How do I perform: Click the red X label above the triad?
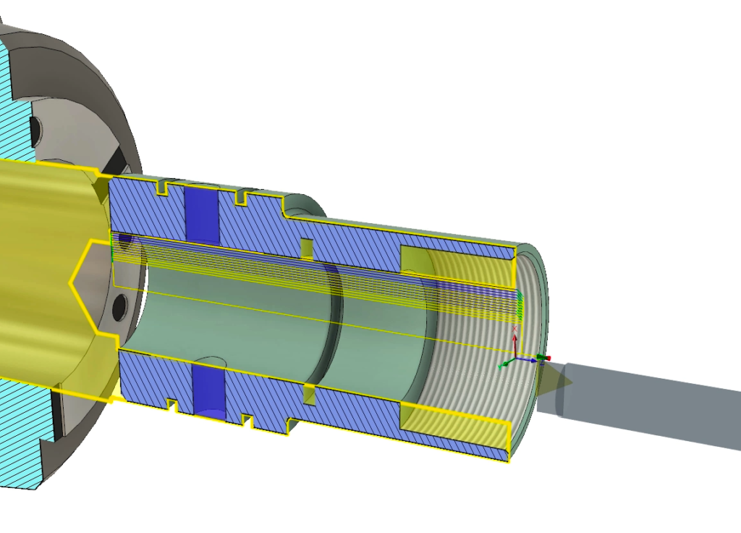click(515, 330)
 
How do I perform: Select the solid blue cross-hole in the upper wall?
click(203, 214)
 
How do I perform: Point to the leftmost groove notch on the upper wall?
click(163, 188)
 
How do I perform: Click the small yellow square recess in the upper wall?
click(307, 248)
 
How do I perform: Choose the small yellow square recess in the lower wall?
click(309, 395)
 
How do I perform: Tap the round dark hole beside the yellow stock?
click(119, 309)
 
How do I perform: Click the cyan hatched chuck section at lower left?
click(22, 435)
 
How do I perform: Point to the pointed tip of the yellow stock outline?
click(71, 282)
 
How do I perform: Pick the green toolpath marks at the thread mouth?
click(518, 304)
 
